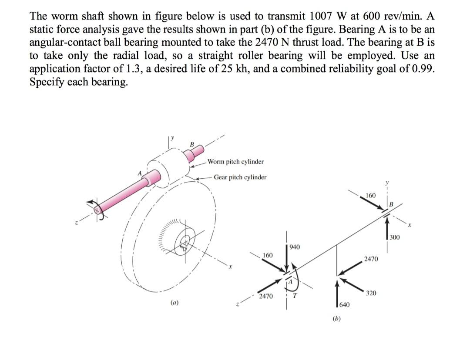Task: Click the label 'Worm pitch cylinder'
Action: tap(235, 162)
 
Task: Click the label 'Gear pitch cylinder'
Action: tap(240, 177)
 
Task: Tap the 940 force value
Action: tap(295, 247)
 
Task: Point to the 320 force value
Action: tap(372, 293)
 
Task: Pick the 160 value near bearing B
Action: tap(371, 195)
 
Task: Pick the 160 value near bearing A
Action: tap(269, 255)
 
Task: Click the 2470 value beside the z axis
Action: tap(265, 296)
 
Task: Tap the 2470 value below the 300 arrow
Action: tap(371, 259)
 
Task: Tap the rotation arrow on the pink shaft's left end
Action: tap(97, 210)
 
